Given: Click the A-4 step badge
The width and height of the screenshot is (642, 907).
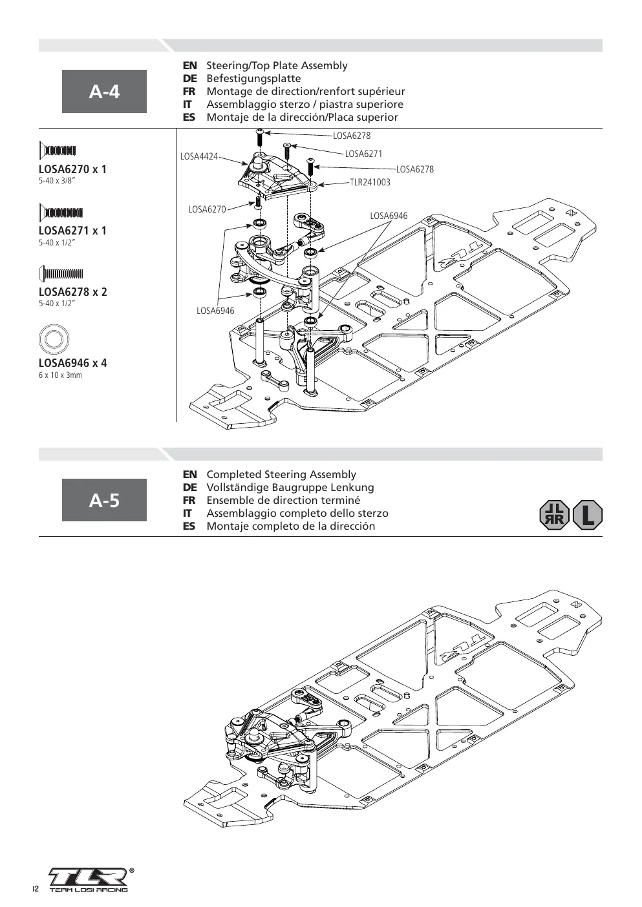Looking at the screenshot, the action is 104,91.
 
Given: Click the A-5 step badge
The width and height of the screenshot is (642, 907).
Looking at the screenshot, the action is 104,500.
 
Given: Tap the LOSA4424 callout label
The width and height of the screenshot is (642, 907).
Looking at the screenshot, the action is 199,156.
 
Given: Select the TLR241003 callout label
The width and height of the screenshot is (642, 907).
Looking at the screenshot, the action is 370,182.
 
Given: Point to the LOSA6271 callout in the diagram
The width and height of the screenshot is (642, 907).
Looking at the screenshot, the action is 363,154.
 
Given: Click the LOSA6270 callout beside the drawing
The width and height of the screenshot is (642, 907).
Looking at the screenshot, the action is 207,209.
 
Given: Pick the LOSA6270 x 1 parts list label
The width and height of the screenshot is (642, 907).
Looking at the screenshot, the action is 72,169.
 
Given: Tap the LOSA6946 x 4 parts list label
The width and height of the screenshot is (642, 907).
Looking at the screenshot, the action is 72,363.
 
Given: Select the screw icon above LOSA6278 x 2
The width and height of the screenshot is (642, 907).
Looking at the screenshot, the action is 61,274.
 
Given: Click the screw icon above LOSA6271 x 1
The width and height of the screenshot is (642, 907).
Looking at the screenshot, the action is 61,213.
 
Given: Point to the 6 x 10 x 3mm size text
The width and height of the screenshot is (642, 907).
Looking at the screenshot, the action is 60,375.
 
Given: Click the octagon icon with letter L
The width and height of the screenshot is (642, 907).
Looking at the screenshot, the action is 587,515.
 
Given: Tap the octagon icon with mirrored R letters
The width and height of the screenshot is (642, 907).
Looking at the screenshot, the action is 555,515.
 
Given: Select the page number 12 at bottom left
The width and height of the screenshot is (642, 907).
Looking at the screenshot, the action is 36,889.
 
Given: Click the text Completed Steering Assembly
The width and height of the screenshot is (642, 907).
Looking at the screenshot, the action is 281,474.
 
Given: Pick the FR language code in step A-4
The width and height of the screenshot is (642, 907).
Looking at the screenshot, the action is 189,92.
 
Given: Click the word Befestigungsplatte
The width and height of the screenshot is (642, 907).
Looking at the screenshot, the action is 253,79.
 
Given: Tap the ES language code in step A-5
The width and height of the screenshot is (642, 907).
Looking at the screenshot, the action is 189,526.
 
